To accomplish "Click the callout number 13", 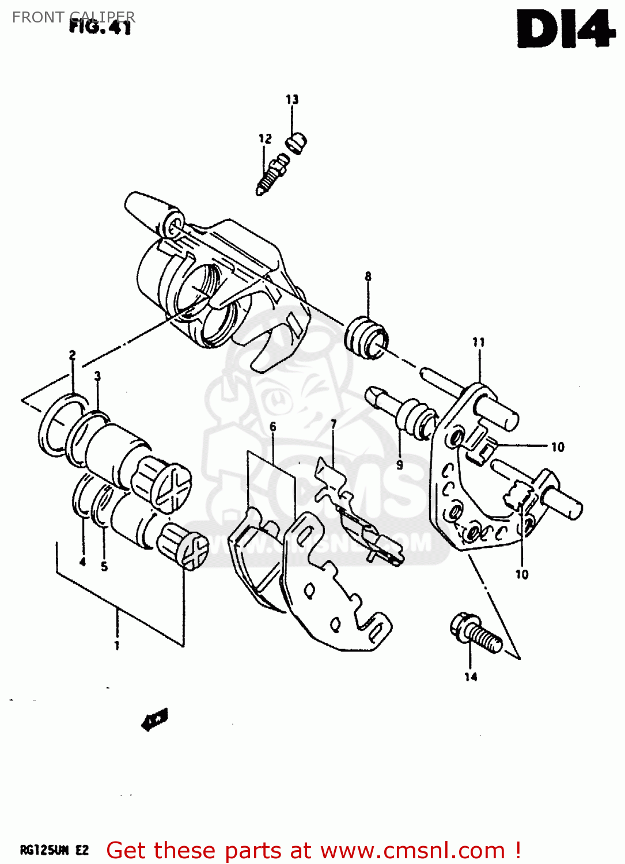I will (x=292, y=100).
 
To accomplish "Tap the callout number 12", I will (x=264, y=139).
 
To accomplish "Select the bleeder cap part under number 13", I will (x=297, y=142).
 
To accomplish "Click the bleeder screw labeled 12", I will (x=270, y=174).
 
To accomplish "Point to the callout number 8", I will (x=368, y=276).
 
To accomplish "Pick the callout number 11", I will (x=479, y=343).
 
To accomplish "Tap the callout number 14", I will (x=471, y=677).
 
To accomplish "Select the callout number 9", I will (x=399, y=465).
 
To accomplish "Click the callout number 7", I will (x=334, y=425).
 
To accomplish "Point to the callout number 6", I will (x=272, y=427).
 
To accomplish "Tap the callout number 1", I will (x=117, y=646).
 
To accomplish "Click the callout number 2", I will (x=72, y=355).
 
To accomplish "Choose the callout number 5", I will (x=104, y=566).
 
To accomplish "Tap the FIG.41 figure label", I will (x=100, y=26).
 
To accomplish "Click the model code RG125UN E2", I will (x=55, y=851).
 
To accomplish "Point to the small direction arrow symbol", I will (x=154, y=719).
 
